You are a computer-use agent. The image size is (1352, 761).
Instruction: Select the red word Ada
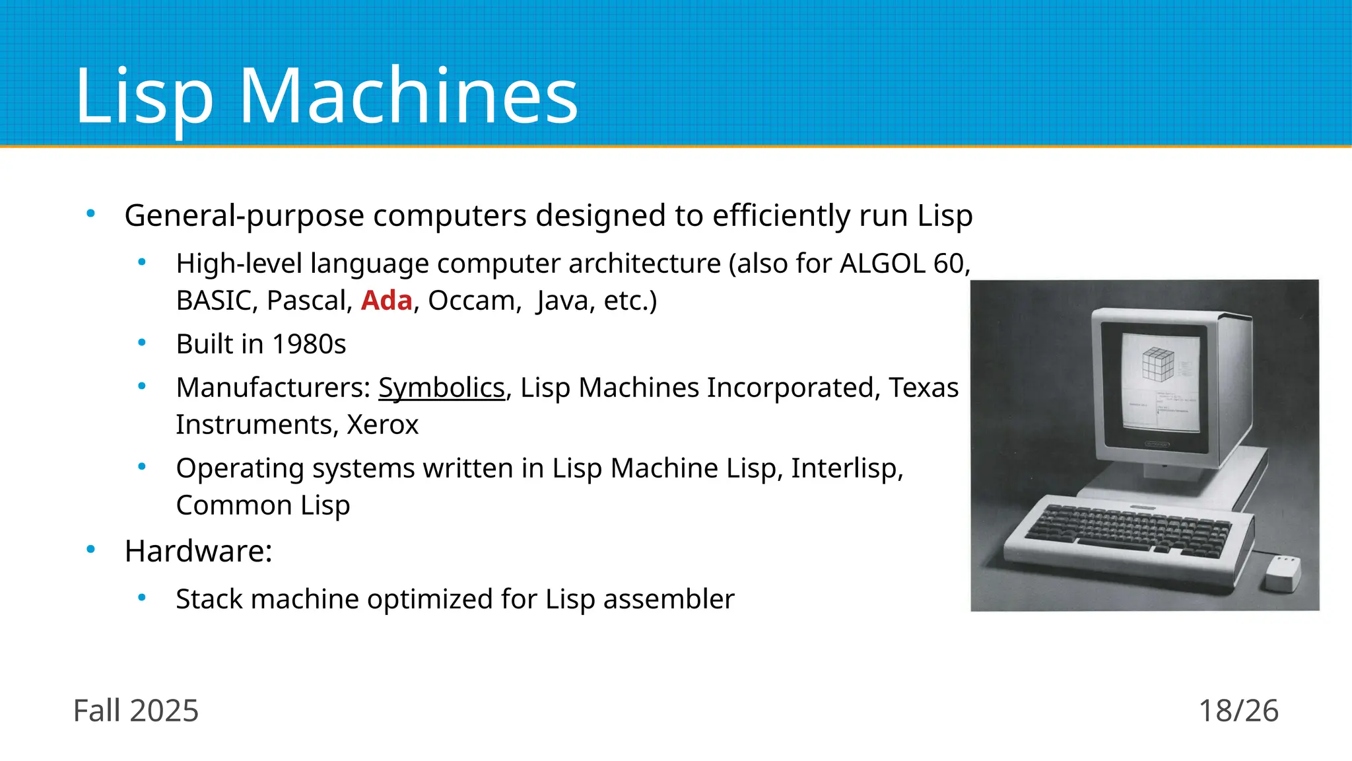pyautogui.click(x=386, y=301)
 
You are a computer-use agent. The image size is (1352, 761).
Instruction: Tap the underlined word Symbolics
pyautogui.click(x=441, y=388)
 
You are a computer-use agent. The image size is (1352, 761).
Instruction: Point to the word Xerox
pyautogui.click(x=383, y=425)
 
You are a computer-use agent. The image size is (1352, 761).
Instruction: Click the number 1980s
pyautogui.click(x=309, y=344)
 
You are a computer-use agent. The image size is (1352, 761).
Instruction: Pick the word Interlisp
pyautogui.click(x=846, y=468)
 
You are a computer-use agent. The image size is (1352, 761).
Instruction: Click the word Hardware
pyautogui.click(x=197, y=551)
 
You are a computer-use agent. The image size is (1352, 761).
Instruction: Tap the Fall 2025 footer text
pyautogui.click(x=135, y=711)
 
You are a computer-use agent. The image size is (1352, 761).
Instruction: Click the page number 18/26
pyautogui.click(x=1238, y=711)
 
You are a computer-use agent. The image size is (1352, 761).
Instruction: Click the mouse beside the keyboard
pyautogui.click(x=1283, y=573)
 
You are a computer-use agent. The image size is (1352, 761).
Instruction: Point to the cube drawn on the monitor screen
pyautogui.click(x=1158, y=363)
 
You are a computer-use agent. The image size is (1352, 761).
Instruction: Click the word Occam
pyautogui.click(x=471, y=301)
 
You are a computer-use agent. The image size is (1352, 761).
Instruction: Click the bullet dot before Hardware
pyautogui.click(x=91, y=549)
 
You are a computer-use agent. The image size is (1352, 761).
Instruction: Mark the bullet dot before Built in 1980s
pyautogui.click(x=142, y=342)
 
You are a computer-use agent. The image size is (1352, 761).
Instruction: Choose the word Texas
pyautogui.click(x=923, y=388)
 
